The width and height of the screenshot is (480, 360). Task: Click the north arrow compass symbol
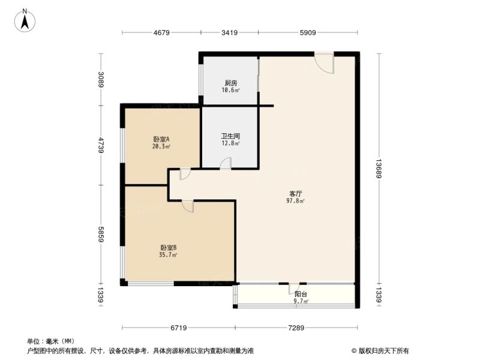[x=25, y=20]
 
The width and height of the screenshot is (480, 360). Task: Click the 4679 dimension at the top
[x=161, y=32]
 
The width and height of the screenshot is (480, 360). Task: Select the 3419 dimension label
[x=229, y=32]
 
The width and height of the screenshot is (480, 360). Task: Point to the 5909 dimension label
[x=308, y=32]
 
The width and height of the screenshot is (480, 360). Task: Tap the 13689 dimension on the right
[x=379, y=169]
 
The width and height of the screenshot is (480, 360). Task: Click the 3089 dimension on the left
[x=101, y=79]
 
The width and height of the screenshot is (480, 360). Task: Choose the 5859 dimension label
[x=101, y=234]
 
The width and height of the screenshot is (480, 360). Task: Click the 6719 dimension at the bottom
[x=178, y=328]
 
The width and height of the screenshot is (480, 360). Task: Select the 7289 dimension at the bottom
[x=296, y=328]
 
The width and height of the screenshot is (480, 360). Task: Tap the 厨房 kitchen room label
[x=230, y=83]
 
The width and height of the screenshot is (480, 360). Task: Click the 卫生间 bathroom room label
[x=230, y=136]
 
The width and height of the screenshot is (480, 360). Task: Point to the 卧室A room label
[x=161, y=139]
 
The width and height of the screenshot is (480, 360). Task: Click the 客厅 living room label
[x=295, y=194]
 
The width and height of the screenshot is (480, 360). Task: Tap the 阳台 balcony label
[x=301, y=294]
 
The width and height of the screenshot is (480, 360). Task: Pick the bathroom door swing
[x=226, y=163]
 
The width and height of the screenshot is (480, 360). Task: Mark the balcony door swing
[x=293, y=289]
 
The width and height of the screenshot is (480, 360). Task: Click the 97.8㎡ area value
[x=295, y=201]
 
